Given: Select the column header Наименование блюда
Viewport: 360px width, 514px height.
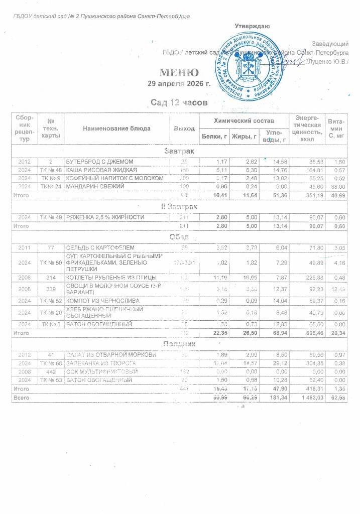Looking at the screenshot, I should point(117,128).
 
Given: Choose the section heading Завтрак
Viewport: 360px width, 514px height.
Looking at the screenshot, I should point(179,151).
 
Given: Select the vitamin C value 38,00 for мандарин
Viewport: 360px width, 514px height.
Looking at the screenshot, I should point(335,187).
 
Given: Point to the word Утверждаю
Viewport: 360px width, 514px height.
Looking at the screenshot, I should point(253,26).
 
